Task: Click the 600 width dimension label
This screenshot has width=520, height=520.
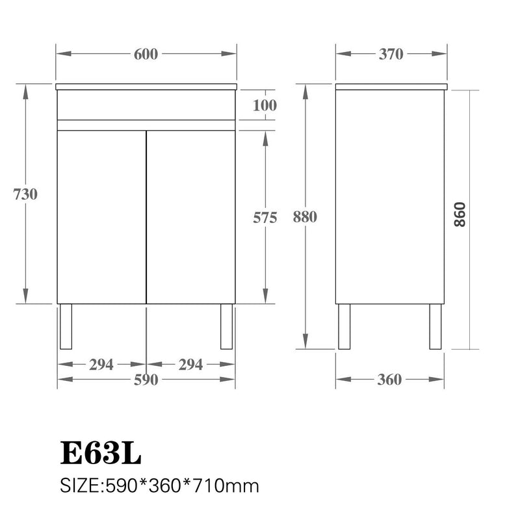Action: point(146,55)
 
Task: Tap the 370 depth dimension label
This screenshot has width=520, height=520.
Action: point(391,55)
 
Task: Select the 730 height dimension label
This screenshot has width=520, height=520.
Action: point(25,194)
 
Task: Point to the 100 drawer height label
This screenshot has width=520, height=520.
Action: point(265,105)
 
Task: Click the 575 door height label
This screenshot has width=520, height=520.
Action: point(265,218)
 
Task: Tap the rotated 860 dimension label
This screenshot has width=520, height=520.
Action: point(460,215)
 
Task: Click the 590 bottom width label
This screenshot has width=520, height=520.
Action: point(146,381)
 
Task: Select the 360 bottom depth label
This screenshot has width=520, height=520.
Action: point(389,380)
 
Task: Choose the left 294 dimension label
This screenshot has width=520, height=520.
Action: point(101,365)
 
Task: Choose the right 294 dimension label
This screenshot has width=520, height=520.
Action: point(190,365)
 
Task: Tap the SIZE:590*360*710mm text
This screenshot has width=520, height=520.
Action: point(159,486)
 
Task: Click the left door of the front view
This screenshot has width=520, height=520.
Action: point(101,216)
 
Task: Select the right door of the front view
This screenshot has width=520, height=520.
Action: point(190,216)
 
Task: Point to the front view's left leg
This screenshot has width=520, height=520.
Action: point(64,326)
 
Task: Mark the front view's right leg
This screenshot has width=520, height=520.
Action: point(226,326)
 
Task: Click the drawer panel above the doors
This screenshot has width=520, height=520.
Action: point(146,104)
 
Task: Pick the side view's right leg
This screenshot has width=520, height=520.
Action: point(434,326)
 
